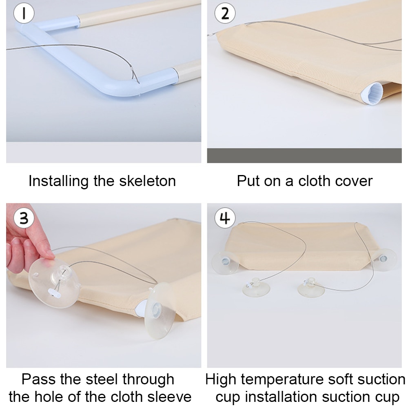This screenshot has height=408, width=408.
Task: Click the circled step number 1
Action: (24, 13)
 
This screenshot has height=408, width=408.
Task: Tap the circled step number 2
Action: (225, 13)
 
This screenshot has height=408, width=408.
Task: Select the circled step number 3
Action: (24, 218)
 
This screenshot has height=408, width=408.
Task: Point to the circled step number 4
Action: (225, 218)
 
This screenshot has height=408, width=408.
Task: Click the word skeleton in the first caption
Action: (147, 181)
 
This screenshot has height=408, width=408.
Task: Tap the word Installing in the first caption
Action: (58, 182)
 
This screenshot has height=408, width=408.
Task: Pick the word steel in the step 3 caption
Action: (102, 379)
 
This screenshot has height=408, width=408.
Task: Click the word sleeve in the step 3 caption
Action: (169, 397)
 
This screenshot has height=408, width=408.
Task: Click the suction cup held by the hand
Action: (53, 283)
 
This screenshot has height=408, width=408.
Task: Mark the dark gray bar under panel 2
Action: (304, 155)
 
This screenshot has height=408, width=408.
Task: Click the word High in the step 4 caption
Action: (221, 379)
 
